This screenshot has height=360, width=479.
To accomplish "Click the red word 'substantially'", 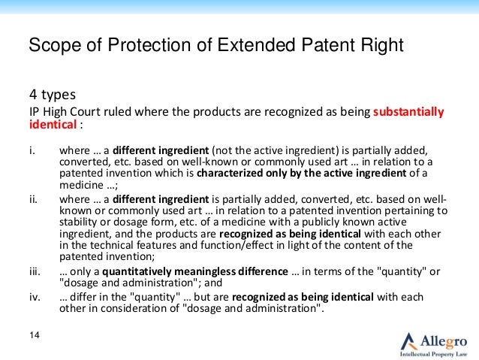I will [408, 113].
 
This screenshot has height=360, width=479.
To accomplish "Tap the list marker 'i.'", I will [32, 149].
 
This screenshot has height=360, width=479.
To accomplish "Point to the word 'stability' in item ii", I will [80, 224].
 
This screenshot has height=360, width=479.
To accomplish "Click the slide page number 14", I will [34, 334].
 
